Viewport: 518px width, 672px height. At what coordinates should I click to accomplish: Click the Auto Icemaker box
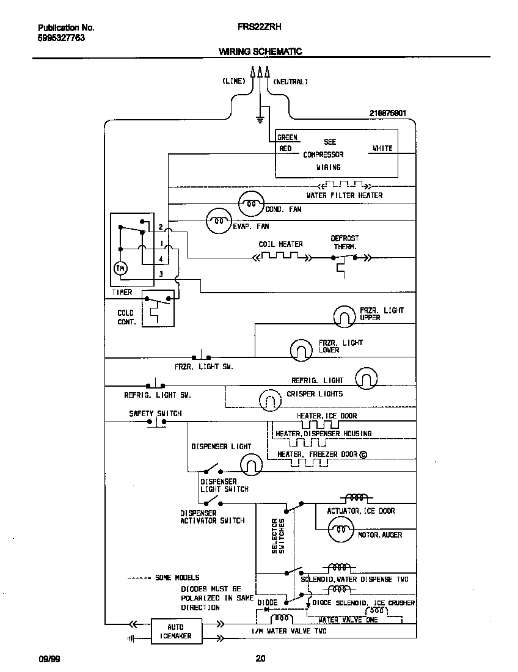point(175,631)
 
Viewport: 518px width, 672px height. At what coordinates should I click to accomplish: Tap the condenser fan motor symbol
point(250,203)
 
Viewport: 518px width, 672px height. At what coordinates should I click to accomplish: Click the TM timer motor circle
point(120,268)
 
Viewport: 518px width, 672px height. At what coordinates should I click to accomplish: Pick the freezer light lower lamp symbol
point(301,349)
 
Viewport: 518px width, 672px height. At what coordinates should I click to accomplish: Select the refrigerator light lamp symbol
point(366,379)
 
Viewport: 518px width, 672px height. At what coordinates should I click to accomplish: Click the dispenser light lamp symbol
point(250,466)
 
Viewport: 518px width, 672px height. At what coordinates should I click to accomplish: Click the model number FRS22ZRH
point(259,27)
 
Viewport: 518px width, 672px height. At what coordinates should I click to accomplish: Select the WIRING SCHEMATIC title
point(260,52)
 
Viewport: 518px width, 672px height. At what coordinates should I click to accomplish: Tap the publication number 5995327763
point(61,37)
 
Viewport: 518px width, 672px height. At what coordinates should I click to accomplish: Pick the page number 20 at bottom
point(260,658)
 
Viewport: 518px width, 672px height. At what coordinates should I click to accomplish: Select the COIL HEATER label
point(280,244)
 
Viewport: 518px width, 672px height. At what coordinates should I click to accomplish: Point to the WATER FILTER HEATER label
point(345,195)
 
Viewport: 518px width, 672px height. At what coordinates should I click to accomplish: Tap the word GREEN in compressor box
point(288,137)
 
